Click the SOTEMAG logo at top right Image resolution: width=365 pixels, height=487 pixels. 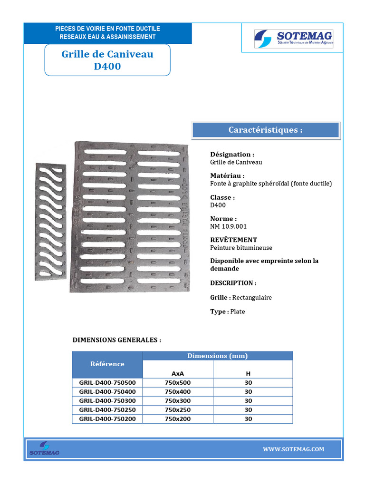point(294,38)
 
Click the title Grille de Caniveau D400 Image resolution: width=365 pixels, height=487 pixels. point(107,60)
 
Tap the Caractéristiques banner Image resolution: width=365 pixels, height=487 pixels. point(265,130)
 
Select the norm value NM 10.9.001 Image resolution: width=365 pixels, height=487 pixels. point(229,226)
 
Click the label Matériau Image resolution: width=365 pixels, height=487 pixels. point(228,175)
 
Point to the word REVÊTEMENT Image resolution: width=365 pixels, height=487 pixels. point(233,240)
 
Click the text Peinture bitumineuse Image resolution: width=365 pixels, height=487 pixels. point(241,248)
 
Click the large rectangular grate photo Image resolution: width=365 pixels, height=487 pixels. point(131,216)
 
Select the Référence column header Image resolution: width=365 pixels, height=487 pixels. point(107,364)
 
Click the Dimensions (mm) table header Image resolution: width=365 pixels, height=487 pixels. point(217,356)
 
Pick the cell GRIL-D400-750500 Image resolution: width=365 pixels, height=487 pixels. point(107,382)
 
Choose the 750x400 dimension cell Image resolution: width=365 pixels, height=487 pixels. point(177,391)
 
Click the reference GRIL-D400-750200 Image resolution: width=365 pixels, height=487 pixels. point(107,419)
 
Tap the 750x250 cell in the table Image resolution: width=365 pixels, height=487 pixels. point(177,409)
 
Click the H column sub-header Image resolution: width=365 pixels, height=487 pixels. point(248,373)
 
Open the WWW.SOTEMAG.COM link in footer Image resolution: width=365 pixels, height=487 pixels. point(293,449)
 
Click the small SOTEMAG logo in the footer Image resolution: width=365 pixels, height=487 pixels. point(44,449)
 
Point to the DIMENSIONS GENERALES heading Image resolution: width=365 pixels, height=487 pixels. point(116,341)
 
